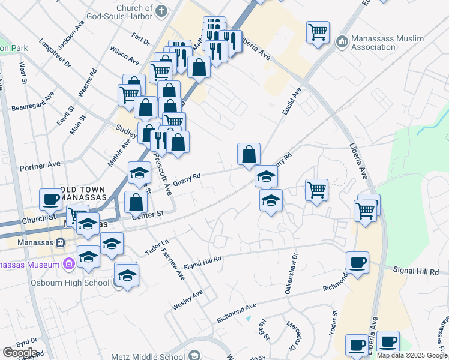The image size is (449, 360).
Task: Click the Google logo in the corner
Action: pos(20,353)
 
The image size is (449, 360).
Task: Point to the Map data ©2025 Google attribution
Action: pos(411,355)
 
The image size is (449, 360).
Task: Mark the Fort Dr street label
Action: pos(142,40)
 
